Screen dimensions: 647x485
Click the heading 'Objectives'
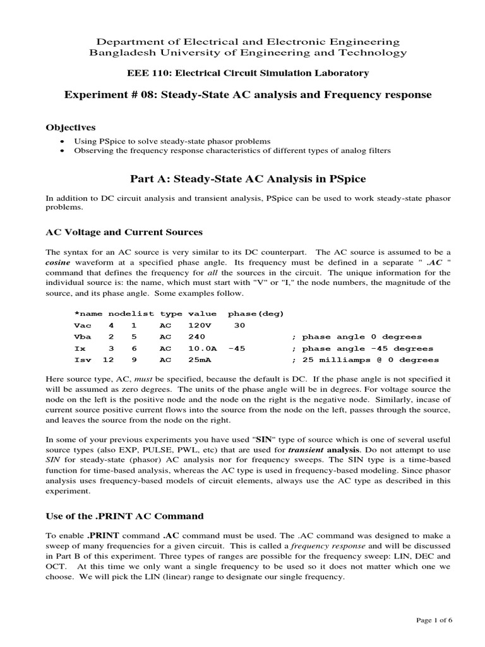point(70,127)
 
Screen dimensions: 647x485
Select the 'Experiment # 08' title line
point(248,95)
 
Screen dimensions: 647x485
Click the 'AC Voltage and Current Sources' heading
point(124,231)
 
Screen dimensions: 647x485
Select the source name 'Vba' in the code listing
point(83,337)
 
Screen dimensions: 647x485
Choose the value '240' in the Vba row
point(198,337)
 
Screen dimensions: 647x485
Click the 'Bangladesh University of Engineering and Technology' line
point(248,54)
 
